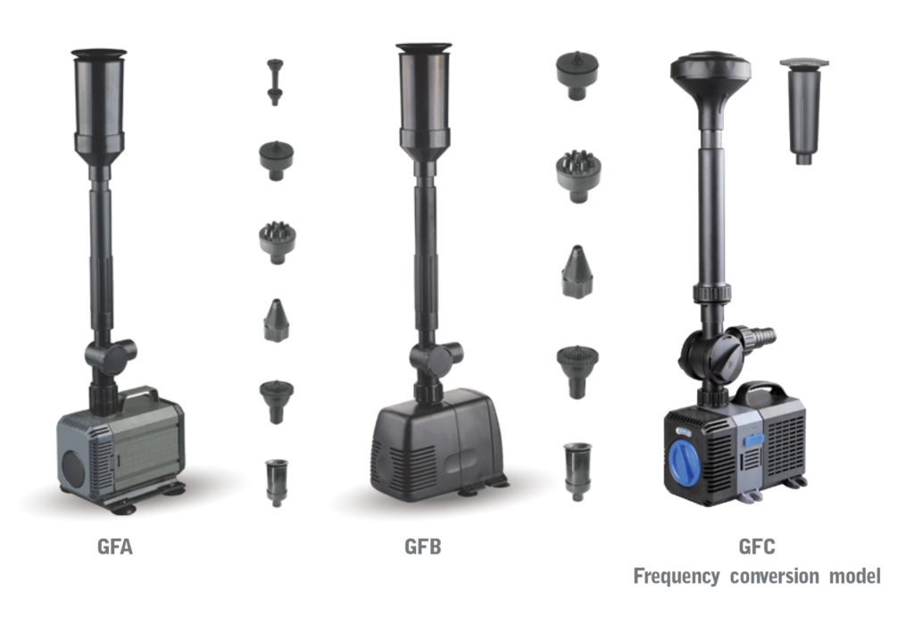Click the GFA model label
pyautogui.click(x=115, y=546)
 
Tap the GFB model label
pyautogui.click(x=422, y=546)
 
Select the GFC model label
pyautogui.click(x=757, y=546)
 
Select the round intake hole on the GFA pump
pyautogui.click(x=73, y=467)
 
